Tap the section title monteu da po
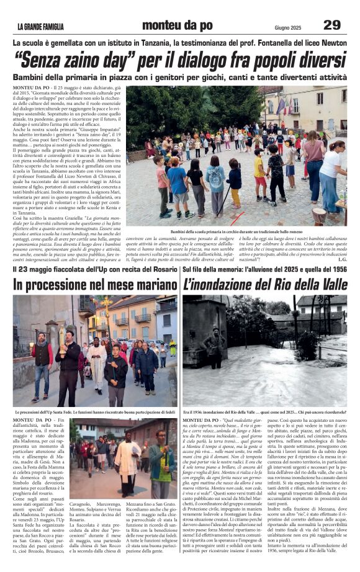(x=177, y=25)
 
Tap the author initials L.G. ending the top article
(x=341, y=259)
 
